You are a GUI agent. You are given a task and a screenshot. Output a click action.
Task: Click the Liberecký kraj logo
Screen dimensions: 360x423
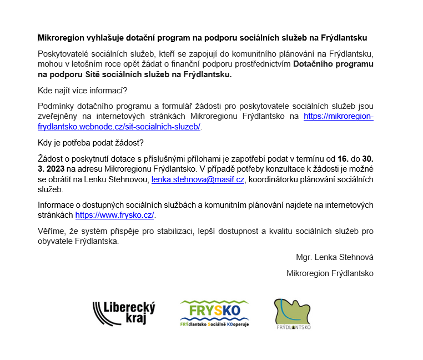(x=124, y=313)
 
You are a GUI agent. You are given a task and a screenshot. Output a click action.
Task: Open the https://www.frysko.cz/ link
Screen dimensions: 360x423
(x=115, y=215)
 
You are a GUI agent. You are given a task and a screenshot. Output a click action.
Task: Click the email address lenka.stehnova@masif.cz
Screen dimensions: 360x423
(x=198, y=179)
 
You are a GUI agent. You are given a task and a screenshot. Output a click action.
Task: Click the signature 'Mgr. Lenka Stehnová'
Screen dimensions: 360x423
(x=335, y=257)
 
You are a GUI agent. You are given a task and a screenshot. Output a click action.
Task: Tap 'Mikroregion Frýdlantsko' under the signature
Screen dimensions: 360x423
(x=330, y=273)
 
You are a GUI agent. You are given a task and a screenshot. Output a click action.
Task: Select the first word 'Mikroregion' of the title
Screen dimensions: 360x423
(x=60, y=38)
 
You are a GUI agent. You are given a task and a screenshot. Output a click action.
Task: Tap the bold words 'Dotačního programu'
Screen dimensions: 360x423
(x=333, y=64)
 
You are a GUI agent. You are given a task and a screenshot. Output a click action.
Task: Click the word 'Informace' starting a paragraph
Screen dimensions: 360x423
(x=56, y=205)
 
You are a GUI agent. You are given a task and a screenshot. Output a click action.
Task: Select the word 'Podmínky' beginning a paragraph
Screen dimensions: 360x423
(x=56, y=106)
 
